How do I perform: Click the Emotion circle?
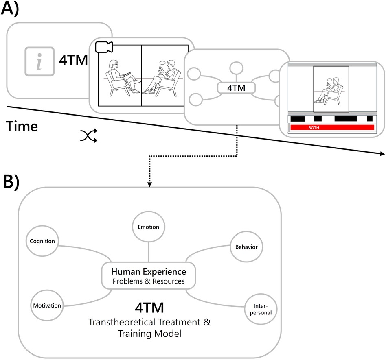click(x=148, y=227)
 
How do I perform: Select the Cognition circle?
click(x=42, y=241)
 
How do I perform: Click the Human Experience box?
click(x=149, y=275)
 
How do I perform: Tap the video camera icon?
click(x=103, y=47)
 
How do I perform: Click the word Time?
click(x=22, y=126)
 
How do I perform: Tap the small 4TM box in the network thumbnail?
click(x=236, y=87)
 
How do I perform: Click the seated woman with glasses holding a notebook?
click(x=120, y=77)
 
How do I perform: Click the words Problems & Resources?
click(x=149, y=281)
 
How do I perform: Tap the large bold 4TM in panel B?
click(x=149, y=306)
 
